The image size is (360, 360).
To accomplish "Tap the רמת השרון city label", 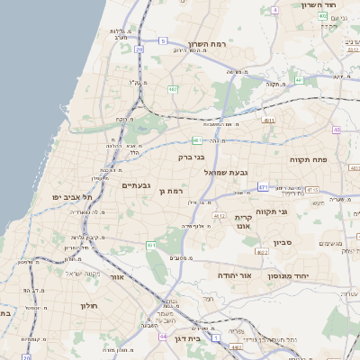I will point(211,44).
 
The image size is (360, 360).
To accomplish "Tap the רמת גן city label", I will point(169,190).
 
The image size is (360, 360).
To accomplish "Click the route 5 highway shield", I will point(163,40).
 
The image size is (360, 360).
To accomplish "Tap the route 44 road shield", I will point(162,337).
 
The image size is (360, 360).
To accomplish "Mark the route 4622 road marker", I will point(262,253).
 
